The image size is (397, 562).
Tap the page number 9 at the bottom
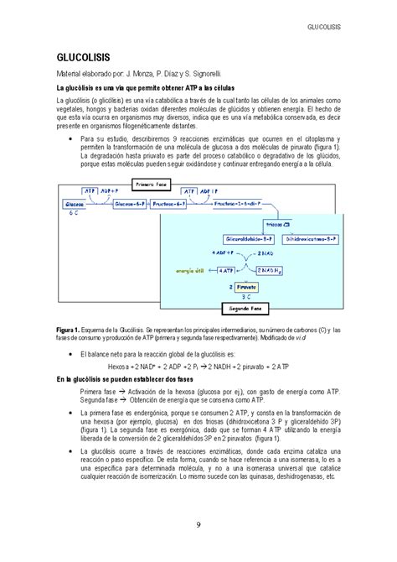[x=198, y=526]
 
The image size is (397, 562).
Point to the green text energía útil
[x=190, y=270]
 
